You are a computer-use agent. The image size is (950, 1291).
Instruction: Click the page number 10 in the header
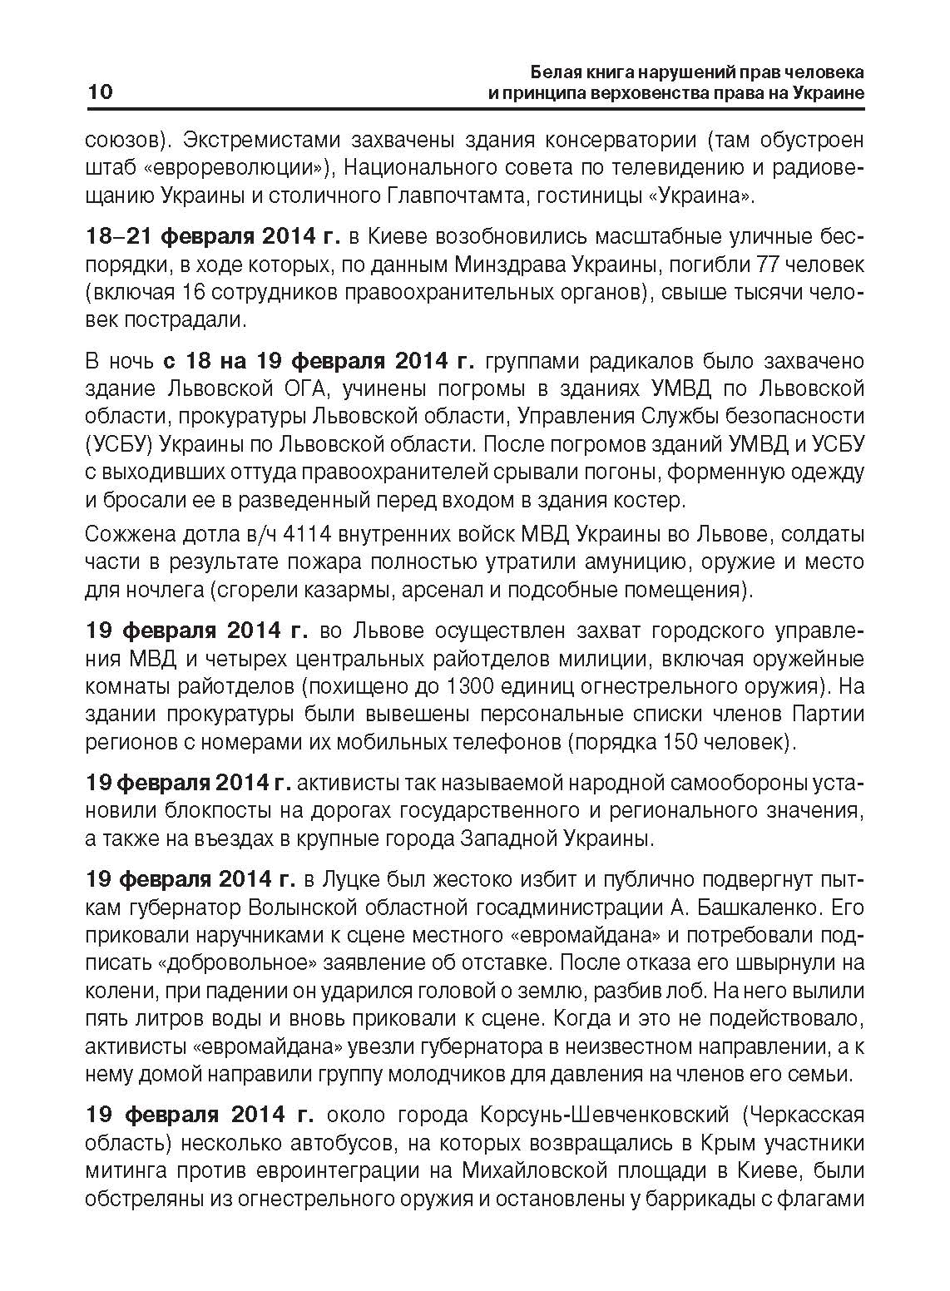tap(99, 92)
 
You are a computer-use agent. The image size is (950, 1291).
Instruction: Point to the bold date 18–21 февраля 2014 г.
tap(213, 238)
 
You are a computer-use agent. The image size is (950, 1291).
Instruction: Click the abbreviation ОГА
tap(305, 388)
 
